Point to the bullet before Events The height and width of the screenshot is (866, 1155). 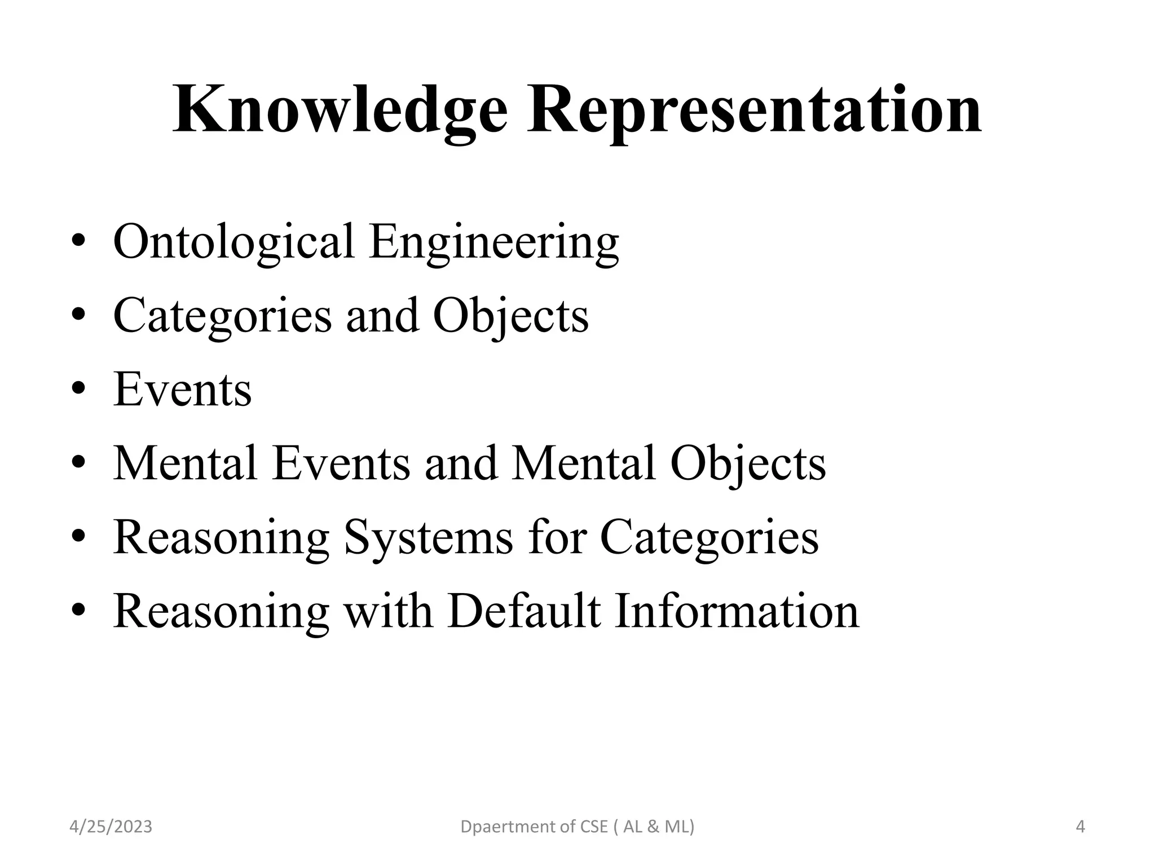[x=78, y=388]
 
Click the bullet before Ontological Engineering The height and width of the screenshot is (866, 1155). [x=78, y=241]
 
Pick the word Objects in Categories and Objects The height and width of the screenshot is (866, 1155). [x=510, y=316]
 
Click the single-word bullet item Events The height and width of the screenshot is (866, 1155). [x=182, y=389]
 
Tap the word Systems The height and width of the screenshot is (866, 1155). [x=429, y=537]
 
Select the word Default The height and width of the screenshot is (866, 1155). [x=524, y=611]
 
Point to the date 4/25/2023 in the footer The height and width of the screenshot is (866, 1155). [x=111, y=827]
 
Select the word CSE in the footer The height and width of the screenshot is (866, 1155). [x=594, y=827]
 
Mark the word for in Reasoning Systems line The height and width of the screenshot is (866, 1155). [x=556, y=537]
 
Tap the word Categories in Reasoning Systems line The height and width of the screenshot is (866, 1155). [x=709, y=537]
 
